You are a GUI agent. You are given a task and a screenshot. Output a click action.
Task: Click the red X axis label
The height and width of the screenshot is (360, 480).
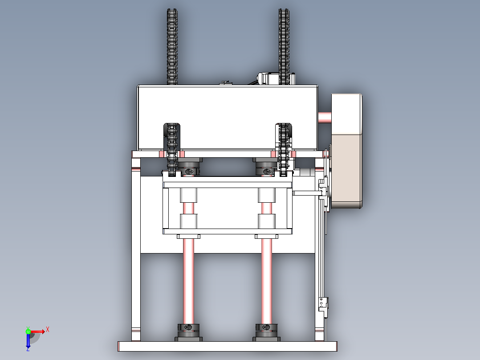(48, 330)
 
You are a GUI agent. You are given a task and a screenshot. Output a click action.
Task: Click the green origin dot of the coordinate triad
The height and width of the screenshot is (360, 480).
(28, 331)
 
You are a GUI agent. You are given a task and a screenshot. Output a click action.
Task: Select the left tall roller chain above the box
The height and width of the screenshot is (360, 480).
(172, 47)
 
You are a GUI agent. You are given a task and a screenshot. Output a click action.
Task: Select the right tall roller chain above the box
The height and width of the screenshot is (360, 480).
(284, 47)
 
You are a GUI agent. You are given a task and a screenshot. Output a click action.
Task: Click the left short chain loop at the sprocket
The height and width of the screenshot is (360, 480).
(172, 150)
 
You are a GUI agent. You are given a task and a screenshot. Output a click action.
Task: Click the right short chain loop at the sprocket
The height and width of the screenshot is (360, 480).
(284, 150)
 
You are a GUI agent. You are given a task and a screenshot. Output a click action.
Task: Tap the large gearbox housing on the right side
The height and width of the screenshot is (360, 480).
(346, 151)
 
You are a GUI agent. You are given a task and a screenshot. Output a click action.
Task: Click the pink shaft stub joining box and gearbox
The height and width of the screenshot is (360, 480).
(325, 117)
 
